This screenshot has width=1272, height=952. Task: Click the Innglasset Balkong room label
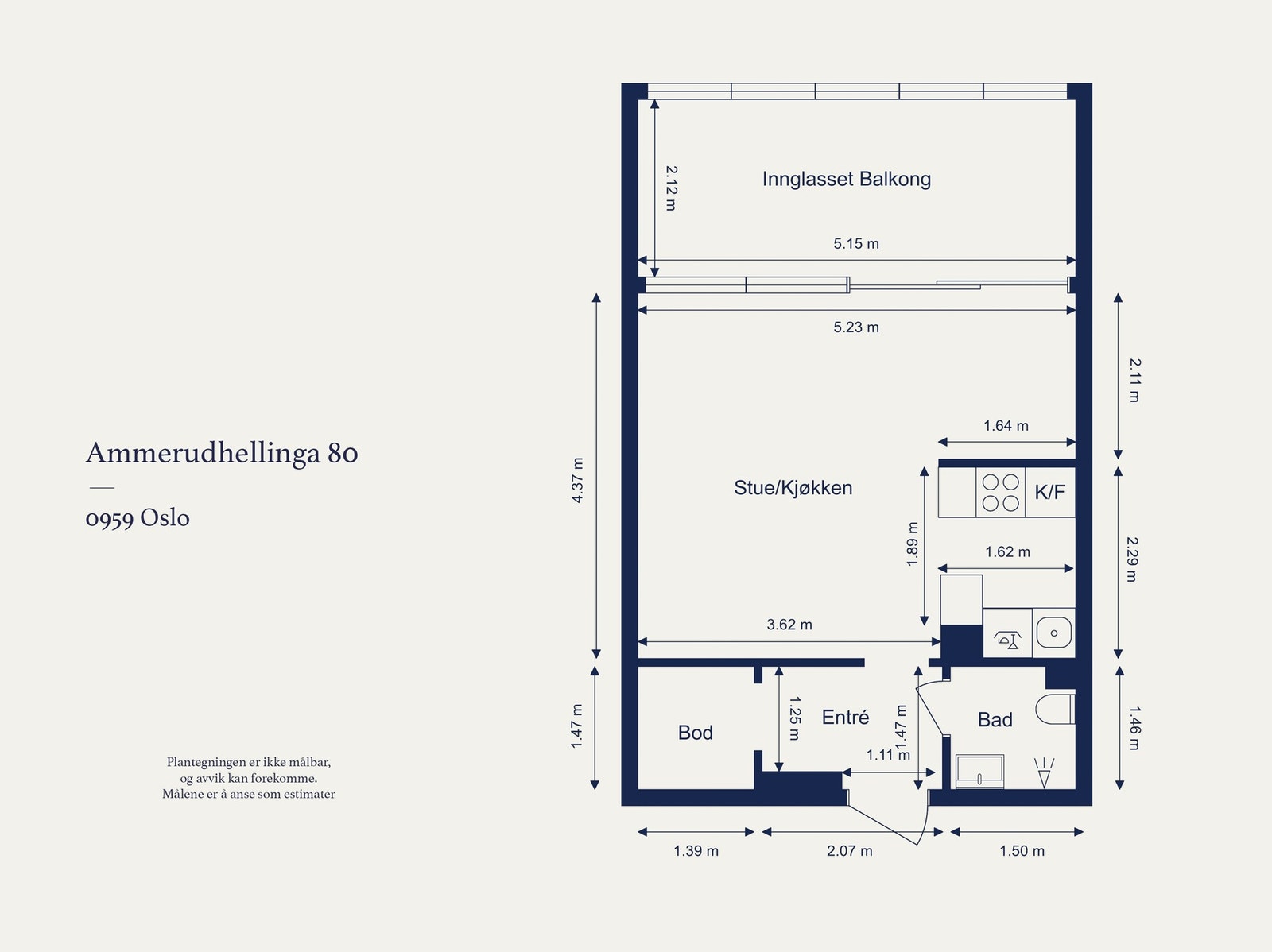(846, 179)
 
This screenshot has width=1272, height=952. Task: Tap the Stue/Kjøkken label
(793, 487)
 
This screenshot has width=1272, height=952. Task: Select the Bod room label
(695, 733)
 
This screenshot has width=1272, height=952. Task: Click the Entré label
(845, 718)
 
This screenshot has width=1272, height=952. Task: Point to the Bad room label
(995, 720)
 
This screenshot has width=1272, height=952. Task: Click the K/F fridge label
(1049, 492)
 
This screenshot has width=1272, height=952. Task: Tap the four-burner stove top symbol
(1000, 493)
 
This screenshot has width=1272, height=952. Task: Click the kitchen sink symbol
(1053, 633)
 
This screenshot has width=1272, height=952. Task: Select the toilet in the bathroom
(1055, 709)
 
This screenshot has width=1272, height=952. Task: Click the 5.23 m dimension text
(856, 327)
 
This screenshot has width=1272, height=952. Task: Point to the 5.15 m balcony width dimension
(856, 244)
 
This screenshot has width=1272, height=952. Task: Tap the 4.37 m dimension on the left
(578, 480)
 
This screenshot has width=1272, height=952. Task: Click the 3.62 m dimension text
(789, 625)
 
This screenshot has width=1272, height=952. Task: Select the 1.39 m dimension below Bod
(696, 851)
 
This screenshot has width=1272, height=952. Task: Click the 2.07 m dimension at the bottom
(849, 851)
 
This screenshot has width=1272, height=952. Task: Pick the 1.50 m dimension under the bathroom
(1022, 851)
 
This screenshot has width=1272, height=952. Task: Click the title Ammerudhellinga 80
(222, 453)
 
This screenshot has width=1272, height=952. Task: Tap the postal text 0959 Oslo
(138, 518)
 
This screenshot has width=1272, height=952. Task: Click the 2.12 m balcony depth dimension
(671, 188)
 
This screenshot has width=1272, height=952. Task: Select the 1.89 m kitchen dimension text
(913, 544)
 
